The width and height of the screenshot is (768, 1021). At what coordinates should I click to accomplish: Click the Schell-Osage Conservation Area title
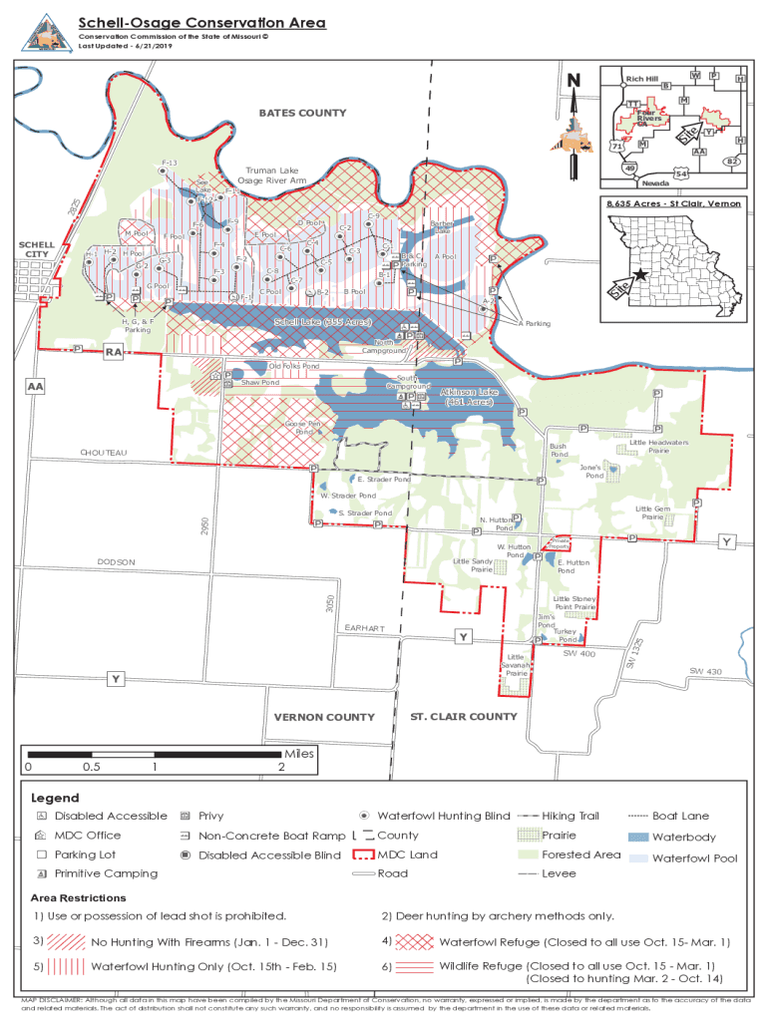[202, 23]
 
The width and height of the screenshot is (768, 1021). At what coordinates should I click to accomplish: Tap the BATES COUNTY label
[302, 113]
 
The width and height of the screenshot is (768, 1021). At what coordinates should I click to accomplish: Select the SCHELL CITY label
[37, 249]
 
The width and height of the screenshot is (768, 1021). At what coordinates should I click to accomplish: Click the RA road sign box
[115, 351]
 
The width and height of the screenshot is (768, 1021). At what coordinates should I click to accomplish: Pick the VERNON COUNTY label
[324, 717]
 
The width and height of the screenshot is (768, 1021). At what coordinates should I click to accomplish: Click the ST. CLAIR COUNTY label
[464, 716]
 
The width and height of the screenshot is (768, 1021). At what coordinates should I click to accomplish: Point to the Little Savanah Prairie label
[516, 665]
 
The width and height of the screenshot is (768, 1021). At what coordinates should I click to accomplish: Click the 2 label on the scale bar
[282, 767]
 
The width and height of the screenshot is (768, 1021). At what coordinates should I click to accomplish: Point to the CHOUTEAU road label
[104, 453]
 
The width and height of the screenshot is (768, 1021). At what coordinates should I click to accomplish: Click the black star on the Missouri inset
[639, 274]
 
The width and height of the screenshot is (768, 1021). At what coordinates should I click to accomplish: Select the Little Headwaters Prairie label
[658, 446]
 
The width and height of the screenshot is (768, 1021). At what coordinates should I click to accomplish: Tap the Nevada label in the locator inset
[654, 182]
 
